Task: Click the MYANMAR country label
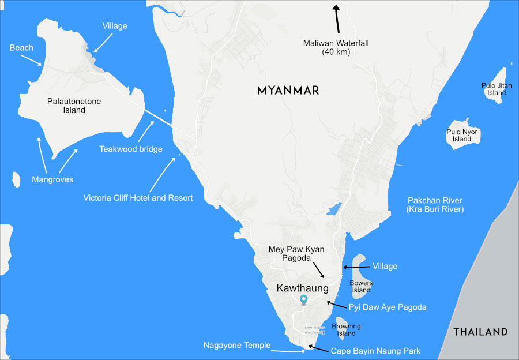(288, 91)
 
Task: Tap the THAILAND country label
(480, 332)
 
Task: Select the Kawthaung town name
(302, 288)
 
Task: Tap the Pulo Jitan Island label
(497, 89)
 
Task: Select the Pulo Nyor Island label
(462, 135)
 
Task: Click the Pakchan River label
(435, 204)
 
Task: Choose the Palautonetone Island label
(74, 106)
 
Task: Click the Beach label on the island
(21, 48)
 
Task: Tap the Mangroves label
(52, 179)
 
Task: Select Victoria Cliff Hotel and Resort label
(138, 198)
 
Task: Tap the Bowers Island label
(362, 286)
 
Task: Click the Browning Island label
(346, 329)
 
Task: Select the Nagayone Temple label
(236, 345)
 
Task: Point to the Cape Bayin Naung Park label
(375, 351)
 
